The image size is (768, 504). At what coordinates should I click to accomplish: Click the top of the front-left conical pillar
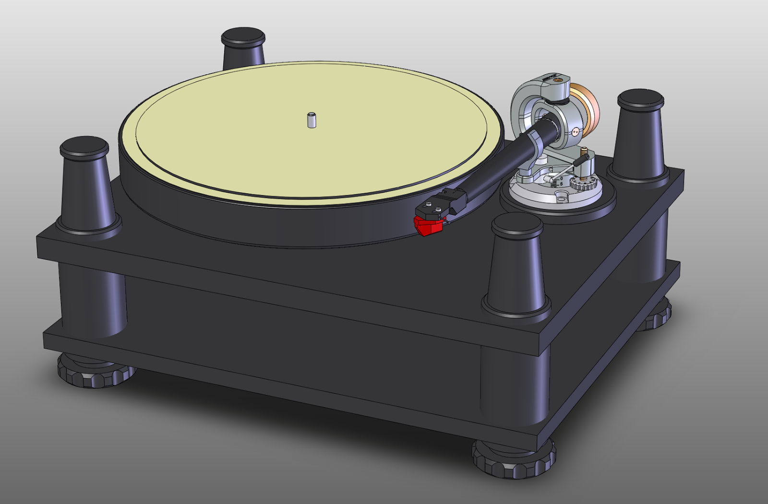pos(84,146)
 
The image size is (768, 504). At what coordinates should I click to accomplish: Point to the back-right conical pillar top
pos(640,99)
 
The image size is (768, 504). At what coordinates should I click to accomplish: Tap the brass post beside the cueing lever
pos(585,153)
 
